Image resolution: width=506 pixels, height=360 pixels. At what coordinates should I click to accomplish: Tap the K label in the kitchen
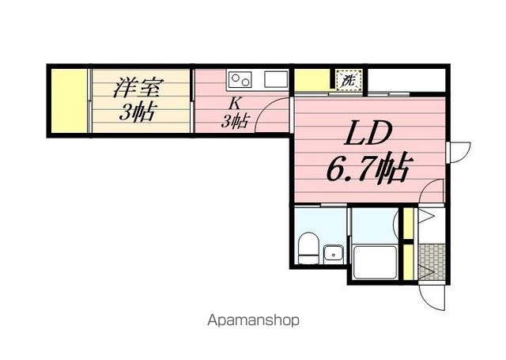point(234,102)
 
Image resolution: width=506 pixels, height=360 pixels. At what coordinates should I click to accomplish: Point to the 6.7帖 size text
point(368,168)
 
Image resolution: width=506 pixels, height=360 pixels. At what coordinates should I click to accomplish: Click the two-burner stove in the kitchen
point(240,79)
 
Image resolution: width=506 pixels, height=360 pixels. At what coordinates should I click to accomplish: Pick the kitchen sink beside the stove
point(276,79)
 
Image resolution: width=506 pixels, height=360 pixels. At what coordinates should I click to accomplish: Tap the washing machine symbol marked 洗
point(348,79)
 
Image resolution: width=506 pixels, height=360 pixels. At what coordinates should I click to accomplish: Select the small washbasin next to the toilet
point(334,253)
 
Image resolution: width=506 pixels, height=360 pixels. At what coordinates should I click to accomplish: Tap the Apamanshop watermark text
point(253,320)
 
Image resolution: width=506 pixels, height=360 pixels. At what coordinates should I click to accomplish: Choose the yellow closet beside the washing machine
point(312,79)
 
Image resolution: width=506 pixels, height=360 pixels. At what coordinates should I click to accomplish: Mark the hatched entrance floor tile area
point(431,260)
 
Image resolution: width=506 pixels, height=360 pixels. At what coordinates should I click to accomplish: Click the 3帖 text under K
point(235,121)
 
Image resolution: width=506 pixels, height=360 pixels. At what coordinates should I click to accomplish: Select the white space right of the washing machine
point(405,79)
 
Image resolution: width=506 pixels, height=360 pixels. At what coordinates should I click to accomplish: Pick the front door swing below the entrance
point(434,297)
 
